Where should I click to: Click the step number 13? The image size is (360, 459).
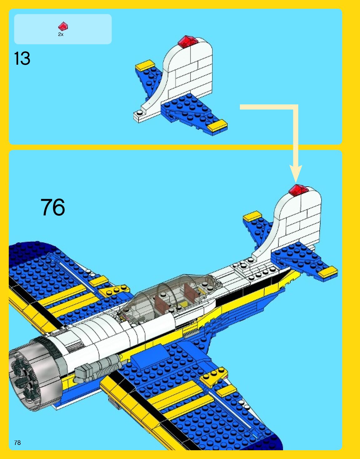point(22,58)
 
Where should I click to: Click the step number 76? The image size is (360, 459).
point(53,207)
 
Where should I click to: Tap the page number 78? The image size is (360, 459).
point(18,442)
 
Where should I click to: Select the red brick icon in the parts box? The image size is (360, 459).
point(63,26)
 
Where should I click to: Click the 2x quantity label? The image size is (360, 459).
point(61,34)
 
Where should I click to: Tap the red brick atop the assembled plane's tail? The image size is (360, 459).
point(298,190)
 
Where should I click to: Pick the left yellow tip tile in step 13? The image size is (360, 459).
point(145,66)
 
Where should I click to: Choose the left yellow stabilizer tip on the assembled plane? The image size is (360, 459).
point(252,216)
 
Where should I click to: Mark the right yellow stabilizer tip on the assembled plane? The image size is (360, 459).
point(328,272)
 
